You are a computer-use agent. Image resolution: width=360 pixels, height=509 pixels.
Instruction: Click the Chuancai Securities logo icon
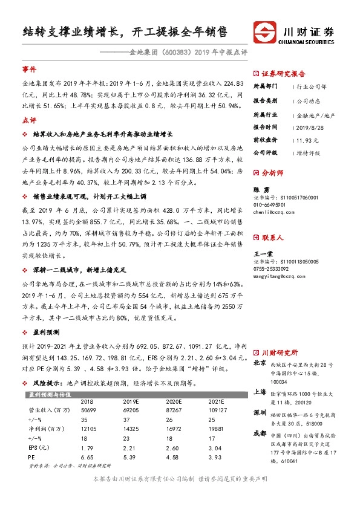[264, 31]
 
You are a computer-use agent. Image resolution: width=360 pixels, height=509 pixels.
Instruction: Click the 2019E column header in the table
[131, 401]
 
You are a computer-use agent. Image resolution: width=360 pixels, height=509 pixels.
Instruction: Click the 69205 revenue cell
[129, 409]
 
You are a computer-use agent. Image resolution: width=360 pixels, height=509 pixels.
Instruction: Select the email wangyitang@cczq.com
[277, 276]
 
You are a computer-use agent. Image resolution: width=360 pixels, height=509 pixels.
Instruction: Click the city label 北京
[260, 363]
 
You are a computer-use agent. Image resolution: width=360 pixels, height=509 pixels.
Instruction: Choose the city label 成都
[260, 433]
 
